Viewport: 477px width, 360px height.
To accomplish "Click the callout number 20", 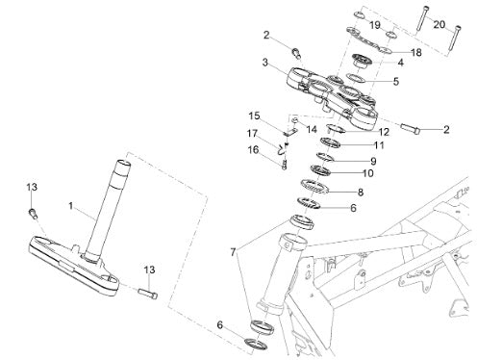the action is pos(439,24).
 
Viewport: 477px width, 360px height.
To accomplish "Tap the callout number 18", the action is pos(416,52).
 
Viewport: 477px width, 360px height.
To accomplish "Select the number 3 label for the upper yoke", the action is pos(264,63).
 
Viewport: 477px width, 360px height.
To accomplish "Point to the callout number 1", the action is pos(71,206).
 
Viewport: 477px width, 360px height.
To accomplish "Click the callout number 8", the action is pos(361,193).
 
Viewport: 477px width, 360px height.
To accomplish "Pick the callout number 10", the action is pos(368,173).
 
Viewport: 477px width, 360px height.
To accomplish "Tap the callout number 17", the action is pos(252,133).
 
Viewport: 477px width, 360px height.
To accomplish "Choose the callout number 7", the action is pos(233,252).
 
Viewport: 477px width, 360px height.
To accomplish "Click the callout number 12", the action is pos(384,132).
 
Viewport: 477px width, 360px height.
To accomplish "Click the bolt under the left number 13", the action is pos(33,213).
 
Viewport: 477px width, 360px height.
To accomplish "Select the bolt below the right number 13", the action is pos(148,294).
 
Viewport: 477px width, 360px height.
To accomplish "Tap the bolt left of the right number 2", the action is pos(410,129).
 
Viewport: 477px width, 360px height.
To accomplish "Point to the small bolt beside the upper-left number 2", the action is pos(296,53).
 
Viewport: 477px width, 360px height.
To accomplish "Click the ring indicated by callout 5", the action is pos(356,78).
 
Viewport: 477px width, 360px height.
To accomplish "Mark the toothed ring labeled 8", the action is pos(315,187).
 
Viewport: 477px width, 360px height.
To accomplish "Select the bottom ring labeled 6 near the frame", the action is pos(256,344).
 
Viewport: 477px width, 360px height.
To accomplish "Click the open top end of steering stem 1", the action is pos(123,164).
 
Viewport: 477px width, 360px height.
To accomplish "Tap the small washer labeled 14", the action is pos(295,120).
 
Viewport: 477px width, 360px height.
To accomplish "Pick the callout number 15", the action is pos(255,116).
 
